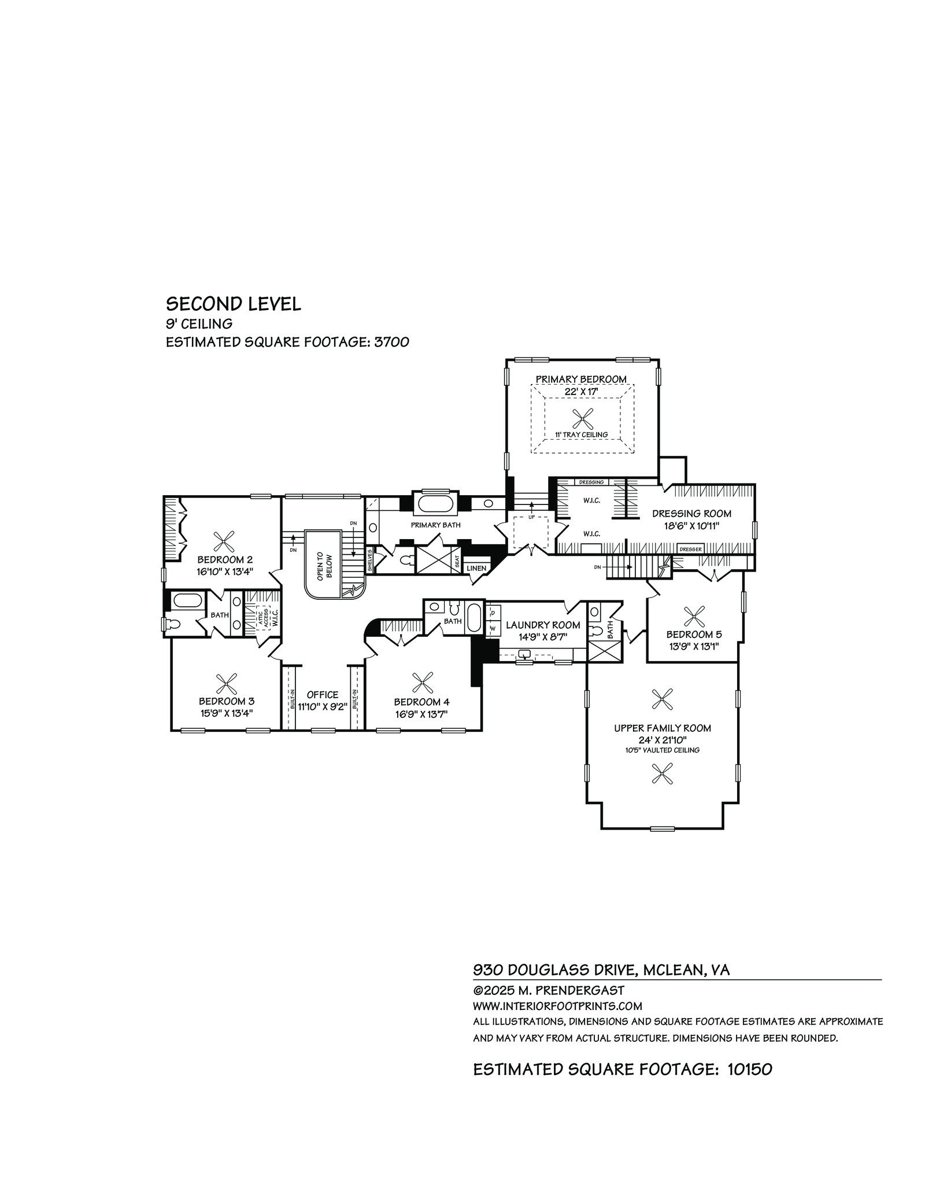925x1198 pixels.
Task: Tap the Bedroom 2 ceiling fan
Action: [x=224, y=541]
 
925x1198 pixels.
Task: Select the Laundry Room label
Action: [x=543, y=625]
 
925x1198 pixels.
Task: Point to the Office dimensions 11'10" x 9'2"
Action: [x=323, y=706]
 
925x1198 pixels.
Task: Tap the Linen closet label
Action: [x=476, y=568]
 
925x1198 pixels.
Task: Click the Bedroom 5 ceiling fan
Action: [x=693, y=616]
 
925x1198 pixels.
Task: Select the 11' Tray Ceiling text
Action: [x=582, y=434]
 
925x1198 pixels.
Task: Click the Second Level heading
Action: [x=234, y=304]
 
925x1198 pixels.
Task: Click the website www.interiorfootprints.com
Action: [x=557, y=1006]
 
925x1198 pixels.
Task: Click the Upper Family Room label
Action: [x=663, y=728]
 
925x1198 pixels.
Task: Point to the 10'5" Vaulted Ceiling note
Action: [x=663, y=750]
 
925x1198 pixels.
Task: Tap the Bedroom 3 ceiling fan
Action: [x=224, y=684]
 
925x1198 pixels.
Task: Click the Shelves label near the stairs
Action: [x=370, y=560]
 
